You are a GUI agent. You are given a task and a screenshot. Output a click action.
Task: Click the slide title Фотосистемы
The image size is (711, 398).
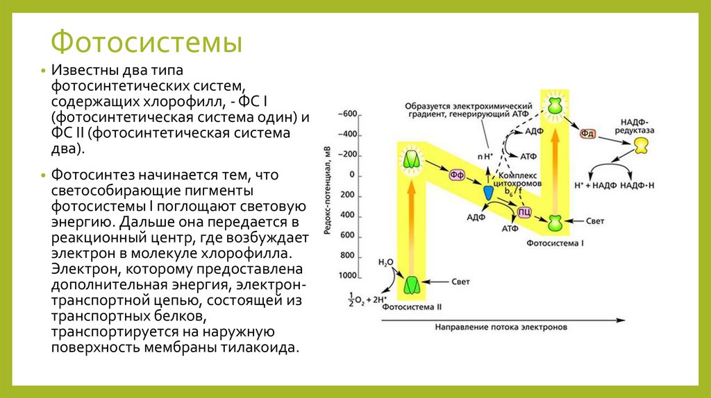(x=147, y=43)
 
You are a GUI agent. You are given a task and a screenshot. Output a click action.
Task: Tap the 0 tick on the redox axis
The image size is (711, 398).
(x=351, y=175)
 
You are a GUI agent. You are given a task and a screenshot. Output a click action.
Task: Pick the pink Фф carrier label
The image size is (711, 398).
(x=457, y=175)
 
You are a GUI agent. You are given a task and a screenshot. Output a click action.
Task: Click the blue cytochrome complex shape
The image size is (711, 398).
(x=489, y=192)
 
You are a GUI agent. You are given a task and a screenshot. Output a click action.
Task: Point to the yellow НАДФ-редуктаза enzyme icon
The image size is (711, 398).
(x=641, y=145)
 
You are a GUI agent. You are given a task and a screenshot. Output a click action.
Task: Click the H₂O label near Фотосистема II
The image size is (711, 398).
(x=385, y=263)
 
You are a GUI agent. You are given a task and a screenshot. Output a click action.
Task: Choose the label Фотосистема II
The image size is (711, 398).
(x=413, y=304)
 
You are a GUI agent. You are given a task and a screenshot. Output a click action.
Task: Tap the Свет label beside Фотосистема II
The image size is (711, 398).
(x=462, y=282)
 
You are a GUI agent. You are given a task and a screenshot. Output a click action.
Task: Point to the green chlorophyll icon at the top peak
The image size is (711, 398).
(x=555, y=104)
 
